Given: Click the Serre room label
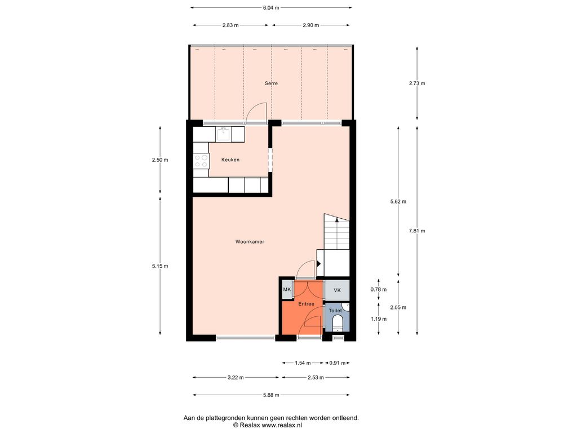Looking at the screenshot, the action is (271, 83).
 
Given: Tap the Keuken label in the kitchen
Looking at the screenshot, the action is (230, 160).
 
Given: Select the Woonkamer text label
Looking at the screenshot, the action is (250, 241).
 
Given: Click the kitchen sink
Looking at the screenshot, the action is (223, 134).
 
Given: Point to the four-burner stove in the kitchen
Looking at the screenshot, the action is (201, 161).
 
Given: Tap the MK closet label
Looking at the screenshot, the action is (287, 289).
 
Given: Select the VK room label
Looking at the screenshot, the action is (337, 290).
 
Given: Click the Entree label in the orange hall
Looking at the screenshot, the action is (306, 304).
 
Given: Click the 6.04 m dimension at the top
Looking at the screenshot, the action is (271, 7).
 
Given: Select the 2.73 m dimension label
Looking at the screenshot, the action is (417, 83).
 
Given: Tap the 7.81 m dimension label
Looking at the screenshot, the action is (417, 231).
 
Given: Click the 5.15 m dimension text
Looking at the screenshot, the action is (160, 266).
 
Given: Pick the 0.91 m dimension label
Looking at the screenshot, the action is (338, 363).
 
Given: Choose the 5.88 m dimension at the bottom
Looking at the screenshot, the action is (271, 395).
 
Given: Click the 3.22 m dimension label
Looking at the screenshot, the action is (236, 377).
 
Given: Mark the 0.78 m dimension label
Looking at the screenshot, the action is (379, 289).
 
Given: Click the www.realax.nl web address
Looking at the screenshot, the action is (282, 425).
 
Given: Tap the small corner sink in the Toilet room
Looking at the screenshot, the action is (346, 306).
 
